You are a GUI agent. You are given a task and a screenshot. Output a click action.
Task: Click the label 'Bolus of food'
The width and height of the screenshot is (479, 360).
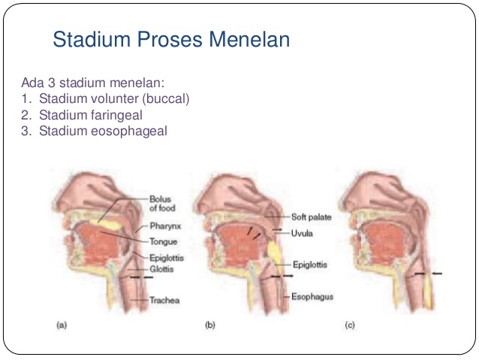point(161,204)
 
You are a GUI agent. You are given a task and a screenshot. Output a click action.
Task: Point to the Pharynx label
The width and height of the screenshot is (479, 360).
point(164,225)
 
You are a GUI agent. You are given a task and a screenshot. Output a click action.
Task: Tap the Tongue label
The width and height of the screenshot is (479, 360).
point(162,242)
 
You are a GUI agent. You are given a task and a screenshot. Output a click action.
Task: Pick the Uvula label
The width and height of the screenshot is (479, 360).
point(300,233)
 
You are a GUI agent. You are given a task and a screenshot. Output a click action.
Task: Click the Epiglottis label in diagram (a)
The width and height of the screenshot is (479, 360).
point(166,256)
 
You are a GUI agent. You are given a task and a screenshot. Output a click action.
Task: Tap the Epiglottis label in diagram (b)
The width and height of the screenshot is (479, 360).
point(309,265)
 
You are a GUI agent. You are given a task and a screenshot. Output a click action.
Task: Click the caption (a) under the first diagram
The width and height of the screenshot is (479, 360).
point(62,325)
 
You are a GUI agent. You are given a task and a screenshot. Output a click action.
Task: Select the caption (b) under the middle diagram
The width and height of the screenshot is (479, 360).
point(210,325)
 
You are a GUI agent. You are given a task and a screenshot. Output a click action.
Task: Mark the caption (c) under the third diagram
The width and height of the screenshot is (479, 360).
point(349,325)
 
